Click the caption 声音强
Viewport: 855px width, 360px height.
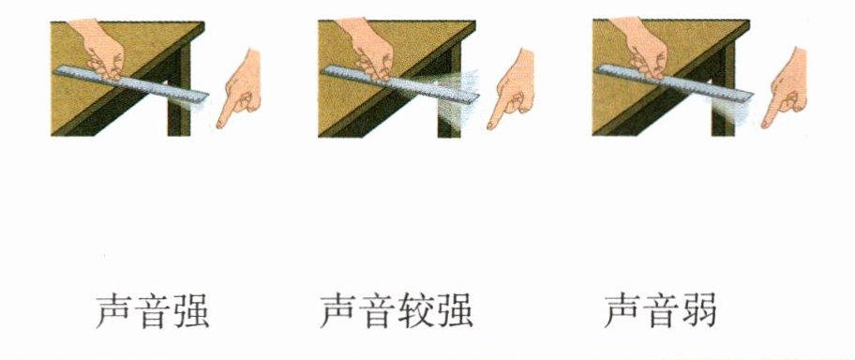(152, 312)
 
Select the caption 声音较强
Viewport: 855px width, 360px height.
(397, 312)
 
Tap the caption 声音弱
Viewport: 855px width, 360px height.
(660, 312)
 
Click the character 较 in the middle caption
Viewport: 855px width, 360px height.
(416, 312)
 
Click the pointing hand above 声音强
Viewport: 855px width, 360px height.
(240, 89)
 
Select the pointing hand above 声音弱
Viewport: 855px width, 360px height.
(786, 89)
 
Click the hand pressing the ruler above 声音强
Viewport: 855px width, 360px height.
(101, 49)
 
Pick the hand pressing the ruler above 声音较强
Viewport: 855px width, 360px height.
(371, 49)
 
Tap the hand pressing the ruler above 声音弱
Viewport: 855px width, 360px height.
(644, 49)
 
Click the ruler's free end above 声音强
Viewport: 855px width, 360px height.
(206, 97)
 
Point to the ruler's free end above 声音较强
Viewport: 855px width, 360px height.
(476, 96)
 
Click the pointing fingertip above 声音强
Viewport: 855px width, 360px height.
(220, 125)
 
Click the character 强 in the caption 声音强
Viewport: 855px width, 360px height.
(191, 312)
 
